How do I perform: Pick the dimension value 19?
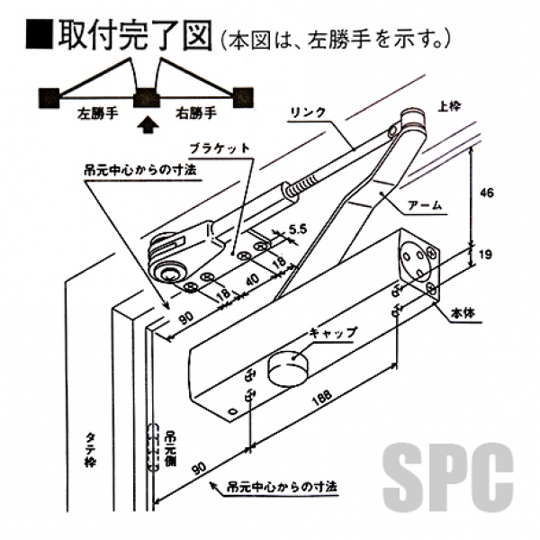point(486,256)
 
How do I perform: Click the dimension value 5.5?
point(298,229)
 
